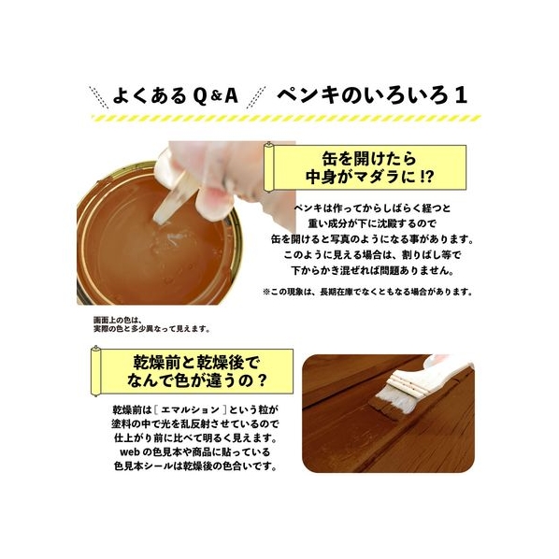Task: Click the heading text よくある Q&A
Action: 175,96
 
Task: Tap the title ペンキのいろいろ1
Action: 371,95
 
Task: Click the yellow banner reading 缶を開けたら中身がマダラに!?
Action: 365,168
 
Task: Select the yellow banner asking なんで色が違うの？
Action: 193,371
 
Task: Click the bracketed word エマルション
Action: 190,410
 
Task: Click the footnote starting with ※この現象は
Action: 368,292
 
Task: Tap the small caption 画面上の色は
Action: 118,320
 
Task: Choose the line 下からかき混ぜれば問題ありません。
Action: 372,270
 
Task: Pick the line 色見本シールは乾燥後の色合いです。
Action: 195,466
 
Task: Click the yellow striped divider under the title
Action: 286,119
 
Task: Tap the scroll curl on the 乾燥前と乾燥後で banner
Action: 96,371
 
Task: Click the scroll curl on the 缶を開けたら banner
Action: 269,166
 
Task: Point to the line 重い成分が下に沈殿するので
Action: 372,223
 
